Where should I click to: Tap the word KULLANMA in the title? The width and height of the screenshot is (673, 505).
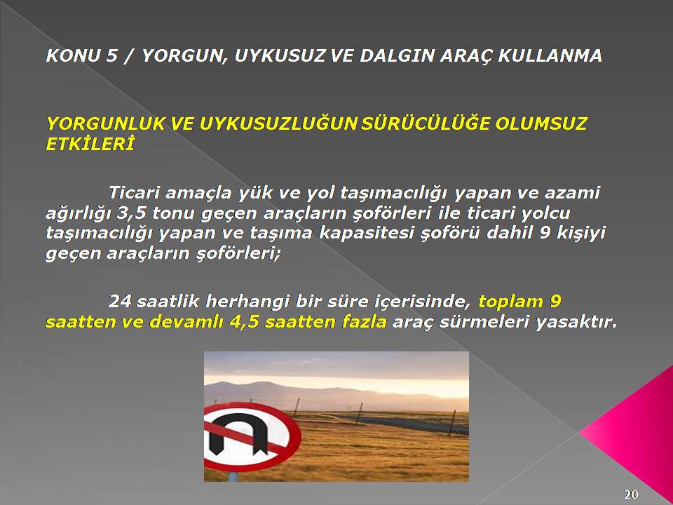(x=550, y=56)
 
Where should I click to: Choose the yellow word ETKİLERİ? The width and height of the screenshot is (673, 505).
(x=90, y=144)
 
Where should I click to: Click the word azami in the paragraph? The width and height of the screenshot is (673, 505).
(x=572, y=193)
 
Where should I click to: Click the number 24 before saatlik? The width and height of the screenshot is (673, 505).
(x=120, y=302)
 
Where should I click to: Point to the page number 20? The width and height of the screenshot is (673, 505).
(x=631, y=494)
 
